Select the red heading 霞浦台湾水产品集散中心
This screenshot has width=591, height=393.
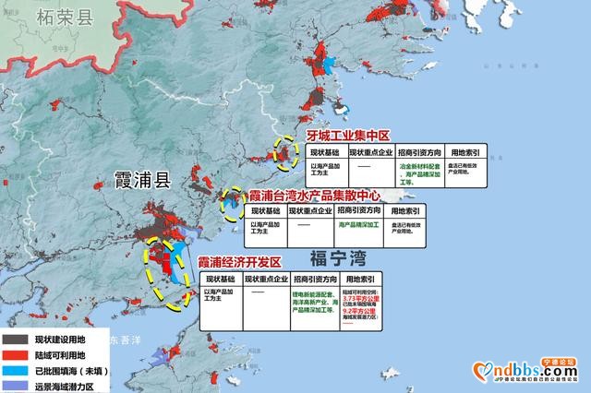pos(325,196)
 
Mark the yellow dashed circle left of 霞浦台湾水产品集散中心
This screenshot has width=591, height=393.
pos(234,202)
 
